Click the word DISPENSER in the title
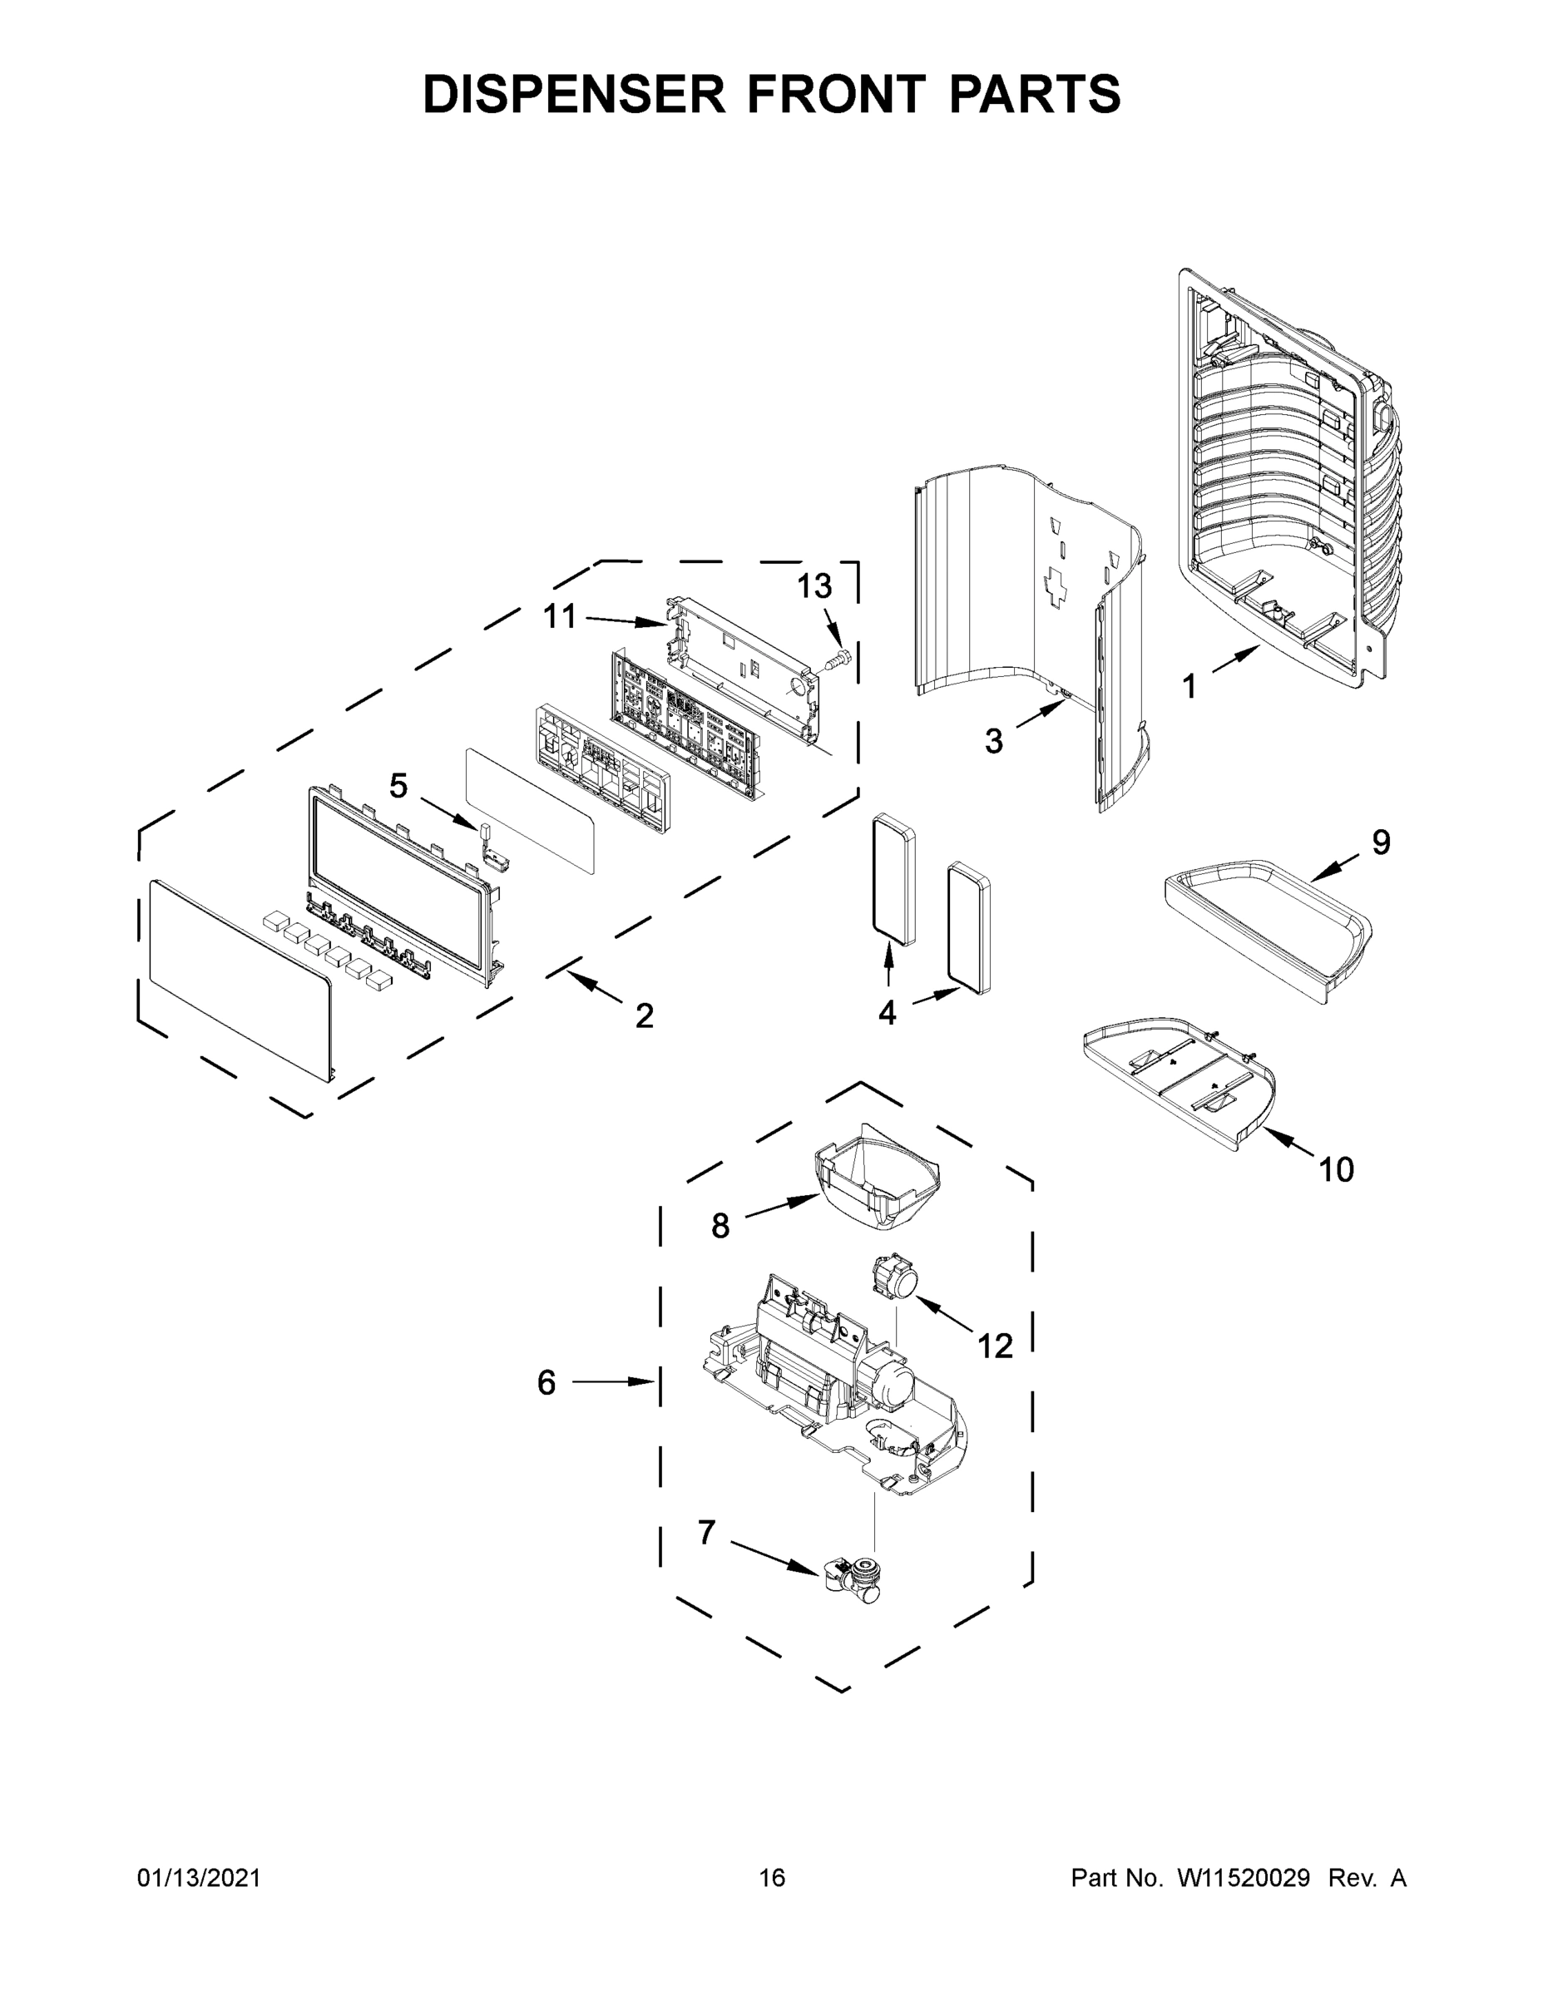tap(574, 94)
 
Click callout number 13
tap(814, 585)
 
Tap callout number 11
tap(561, 617)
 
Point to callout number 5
tap(398, 785)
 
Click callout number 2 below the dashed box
tap(645, 1015)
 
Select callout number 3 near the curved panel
tap(994, 740)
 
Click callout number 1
tap(1189, 685)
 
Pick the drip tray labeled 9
tap(1271, 932)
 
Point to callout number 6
tap(546, 1383)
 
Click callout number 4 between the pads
tap(887, 1011)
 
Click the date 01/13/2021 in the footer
tap(200, 1878)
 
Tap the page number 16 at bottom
tap(772, 1878)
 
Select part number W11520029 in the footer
tap(1244, 1878)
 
